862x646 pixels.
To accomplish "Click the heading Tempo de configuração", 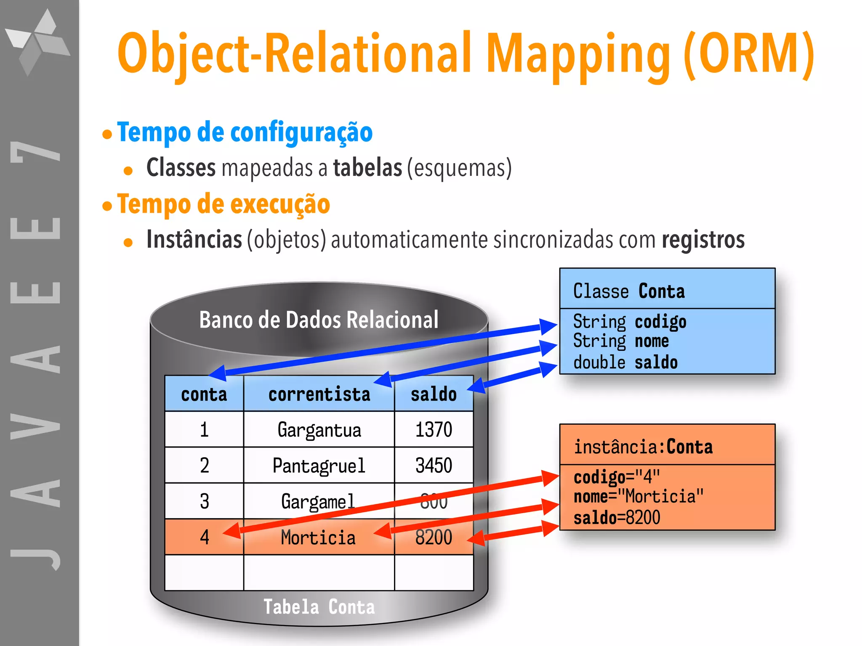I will (245, 132).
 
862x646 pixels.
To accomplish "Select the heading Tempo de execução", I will (223, 204).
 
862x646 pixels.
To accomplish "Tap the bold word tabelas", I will (367, 168).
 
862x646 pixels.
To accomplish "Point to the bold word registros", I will (703, 240).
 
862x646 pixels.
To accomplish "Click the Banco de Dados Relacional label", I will (319, 320).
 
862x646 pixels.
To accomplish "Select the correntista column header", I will (319, 394).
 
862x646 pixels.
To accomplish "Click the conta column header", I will (204, 394).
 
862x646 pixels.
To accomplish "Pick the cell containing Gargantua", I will (319, 430).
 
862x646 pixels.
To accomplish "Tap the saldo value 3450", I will (434, 466).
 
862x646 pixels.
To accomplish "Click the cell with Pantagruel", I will (319, 466).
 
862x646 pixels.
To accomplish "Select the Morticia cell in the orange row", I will (319, 537).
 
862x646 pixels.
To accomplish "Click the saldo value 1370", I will (434, 430).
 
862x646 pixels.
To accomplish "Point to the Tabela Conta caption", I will (319, 607).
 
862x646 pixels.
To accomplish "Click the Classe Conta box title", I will (629, 291).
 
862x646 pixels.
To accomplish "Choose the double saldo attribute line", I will (625, 363).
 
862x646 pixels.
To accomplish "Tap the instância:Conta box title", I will (643, 447).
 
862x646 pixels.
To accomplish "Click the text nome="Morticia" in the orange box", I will (638, 497).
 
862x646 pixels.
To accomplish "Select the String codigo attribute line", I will (629, 322).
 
